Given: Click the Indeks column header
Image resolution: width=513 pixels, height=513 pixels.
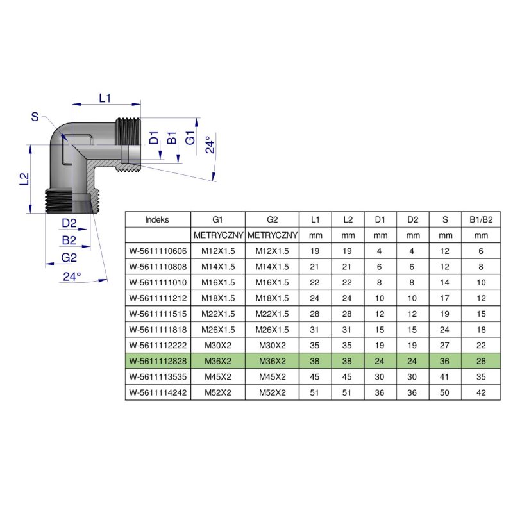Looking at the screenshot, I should (x=158, y=219).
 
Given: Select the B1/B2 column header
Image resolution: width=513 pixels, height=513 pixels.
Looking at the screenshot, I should (x=480, y=219).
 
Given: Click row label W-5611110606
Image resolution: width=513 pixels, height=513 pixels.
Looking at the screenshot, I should (x=158, y=251).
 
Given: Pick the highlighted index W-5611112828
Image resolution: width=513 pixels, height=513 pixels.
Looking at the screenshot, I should (x=158, y=361).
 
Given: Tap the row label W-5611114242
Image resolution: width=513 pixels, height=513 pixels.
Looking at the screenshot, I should (x=158, y=392).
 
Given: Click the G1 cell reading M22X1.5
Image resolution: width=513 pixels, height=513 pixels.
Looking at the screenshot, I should (x=218, y=314).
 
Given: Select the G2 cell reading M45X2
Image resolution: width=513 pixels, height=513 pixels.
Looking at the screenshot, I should (x=273, y=377).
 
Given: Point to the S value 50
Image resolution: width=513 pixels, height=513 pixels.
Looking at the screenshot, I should (x=445, y=392).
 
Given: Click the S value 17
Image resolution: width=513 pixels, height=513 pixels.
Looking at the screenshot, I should (x=445, y=298).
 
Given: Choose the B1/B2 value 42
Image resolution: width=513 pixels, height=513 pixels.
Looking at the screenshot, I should (x=480, y=392).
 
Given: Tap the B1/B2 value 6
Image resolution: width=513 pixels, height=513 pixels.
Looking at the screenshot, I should (x=480, y=251).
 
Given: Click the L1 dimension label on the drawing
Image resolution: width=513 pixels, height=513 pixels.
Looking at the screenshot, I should (x=106, y=97).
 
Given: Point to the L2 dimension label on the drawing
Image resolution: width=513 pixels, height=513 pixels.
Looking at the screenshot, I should (x=24, y=179).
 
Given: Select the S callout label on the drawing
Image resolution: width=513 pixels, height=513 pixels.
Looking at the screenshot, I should (x=35, y=116).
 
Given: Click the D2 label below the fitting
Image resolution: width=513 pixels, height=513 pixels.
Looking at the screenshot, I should (x=70, y=223).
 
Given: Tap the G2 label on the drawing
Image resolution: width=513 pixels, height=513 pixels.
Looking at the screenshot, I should (x=69, y=258).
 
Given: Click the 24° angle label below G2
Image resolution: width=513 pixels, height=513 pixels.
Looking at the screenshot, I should (x=72, y=277).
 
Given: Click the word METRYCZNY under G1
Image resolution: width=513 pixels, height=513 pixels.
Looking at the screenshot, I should (x=218, y=235).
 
